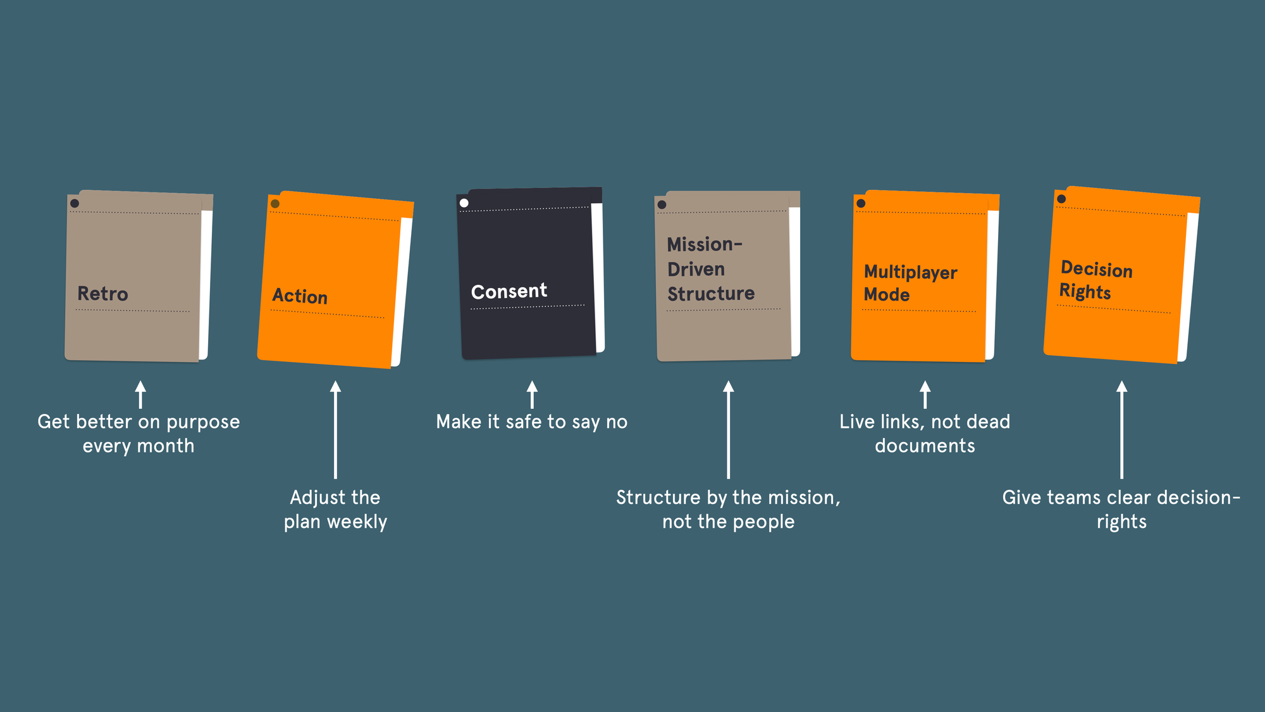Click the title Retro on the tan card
[102, 294]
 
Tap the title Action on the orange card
[300, 296]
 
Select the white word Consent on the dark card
[509, 291]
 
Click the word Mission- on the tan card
[704, 244]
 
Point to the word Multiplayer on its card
[910, 272]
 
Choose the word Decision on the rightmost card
[1096, 269]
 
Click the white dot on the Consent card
[464, 203]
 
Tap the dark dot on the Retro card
[75, 203]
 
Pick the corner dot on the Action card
[275, 204]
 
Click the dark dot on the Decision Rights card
[1061, 199]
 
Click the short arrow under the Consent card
[532, 394]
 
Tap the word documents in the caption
[925, 446]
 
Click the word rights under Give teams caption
[1121, 522]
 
